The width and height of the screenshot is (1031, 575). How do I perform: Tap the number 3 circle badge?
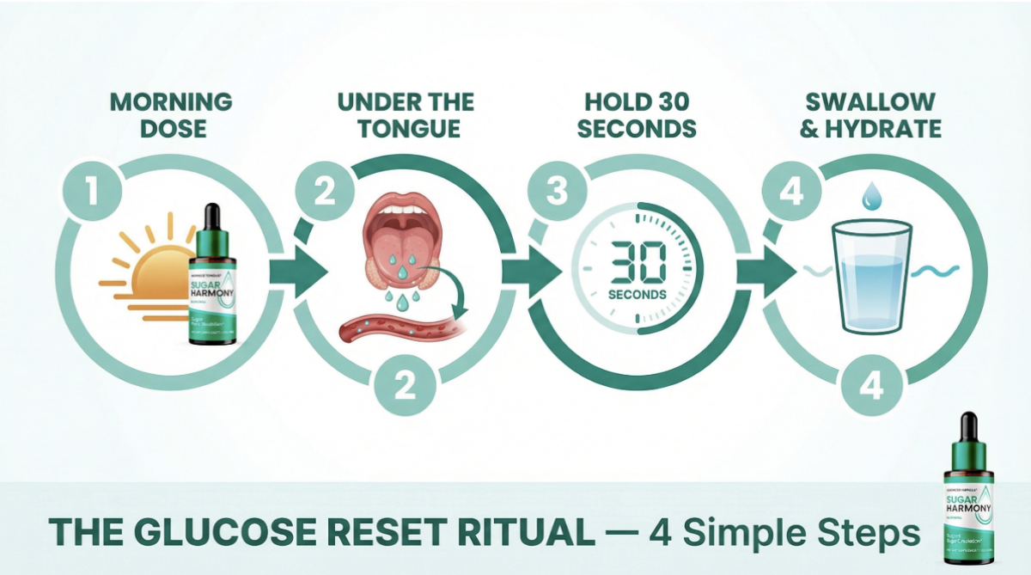click(558, 190)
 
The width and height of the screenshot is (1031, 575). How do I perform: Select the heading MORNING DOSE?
click(172, 115)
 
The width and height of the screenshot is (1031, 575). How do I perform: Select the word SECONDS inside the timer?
click(637, 295)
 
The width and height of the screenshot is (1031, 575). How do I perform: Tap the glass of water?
click(872, 275)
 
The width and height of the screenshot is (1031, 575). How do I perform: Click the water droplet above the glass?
click(871, 196)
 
